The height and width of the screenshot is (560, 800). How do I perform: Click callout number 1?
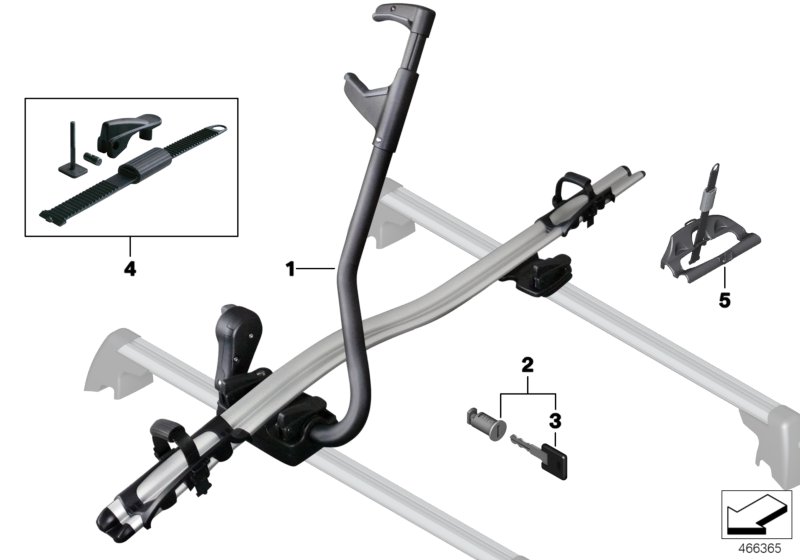tap(289, 268)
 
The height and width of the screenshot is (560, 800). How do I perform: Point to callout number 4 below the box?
tap(128, 268)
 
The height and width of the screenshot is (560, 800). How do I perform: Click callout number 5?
tap(724, 300)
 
